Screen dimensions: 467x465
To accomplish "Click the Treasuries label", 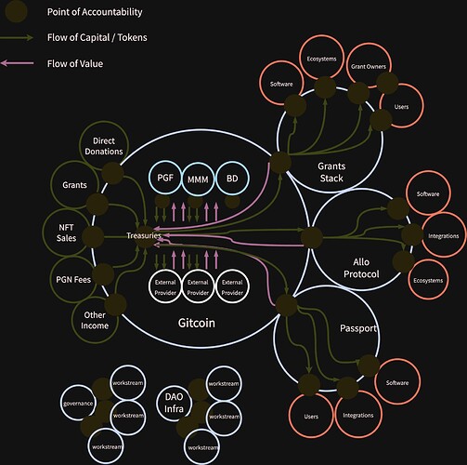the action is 144,235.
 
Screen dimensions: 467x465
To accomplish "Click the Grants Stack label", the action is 331,172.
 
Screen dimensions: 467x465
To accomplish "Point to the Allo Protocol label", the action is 361,268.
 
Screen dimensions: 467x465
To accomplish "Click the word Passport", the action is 358,328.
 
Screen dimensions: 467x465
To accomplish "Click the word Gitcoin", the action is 197,323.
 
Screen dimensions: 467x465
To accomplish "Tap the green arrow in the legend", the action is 17,37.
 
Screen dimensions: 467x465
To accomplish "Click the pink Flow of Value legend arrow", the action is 17,63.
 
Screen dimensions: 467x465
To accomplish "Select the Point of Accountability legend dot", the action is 16,11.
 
